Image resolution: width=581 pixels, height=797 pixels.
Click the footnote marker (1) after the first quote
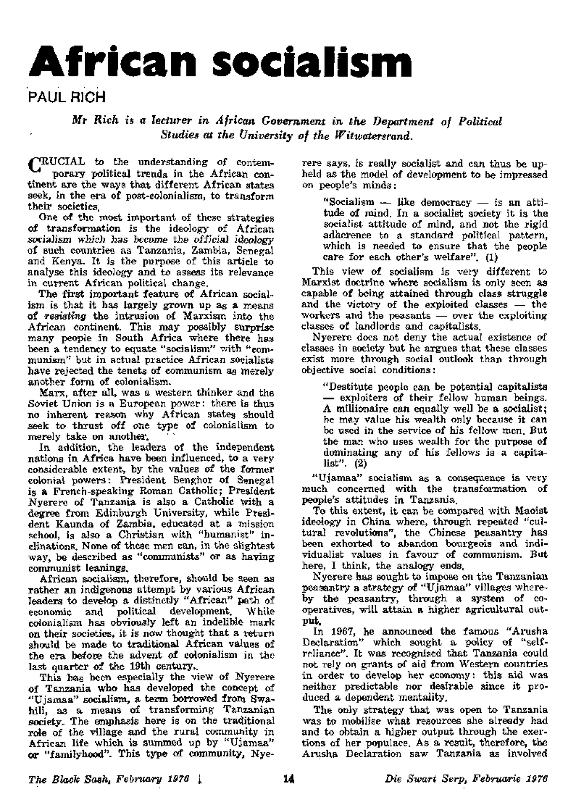click(x=485, y=257)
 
